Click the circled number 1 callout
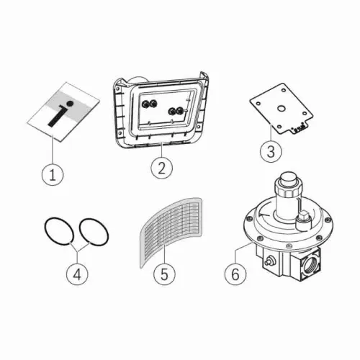tap(53, 174)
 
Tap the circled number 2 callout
tap(162, 168)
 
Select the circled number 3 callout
tap(271, 151)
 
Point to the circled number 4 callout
tap(77, 274)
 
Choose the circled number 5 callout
tap(164, 274)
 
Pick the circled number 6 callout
tap(235, 274)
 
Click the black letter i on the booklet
tap(60, 114)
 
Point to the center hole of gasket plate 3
tap(281, 109)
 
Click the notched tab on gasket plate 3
tap(299, 127)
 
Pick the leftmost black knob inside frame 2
tap(145, 104)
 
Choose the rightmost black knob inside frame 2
tap(179, 111)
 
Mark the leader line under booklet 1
tap(53, 150)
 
